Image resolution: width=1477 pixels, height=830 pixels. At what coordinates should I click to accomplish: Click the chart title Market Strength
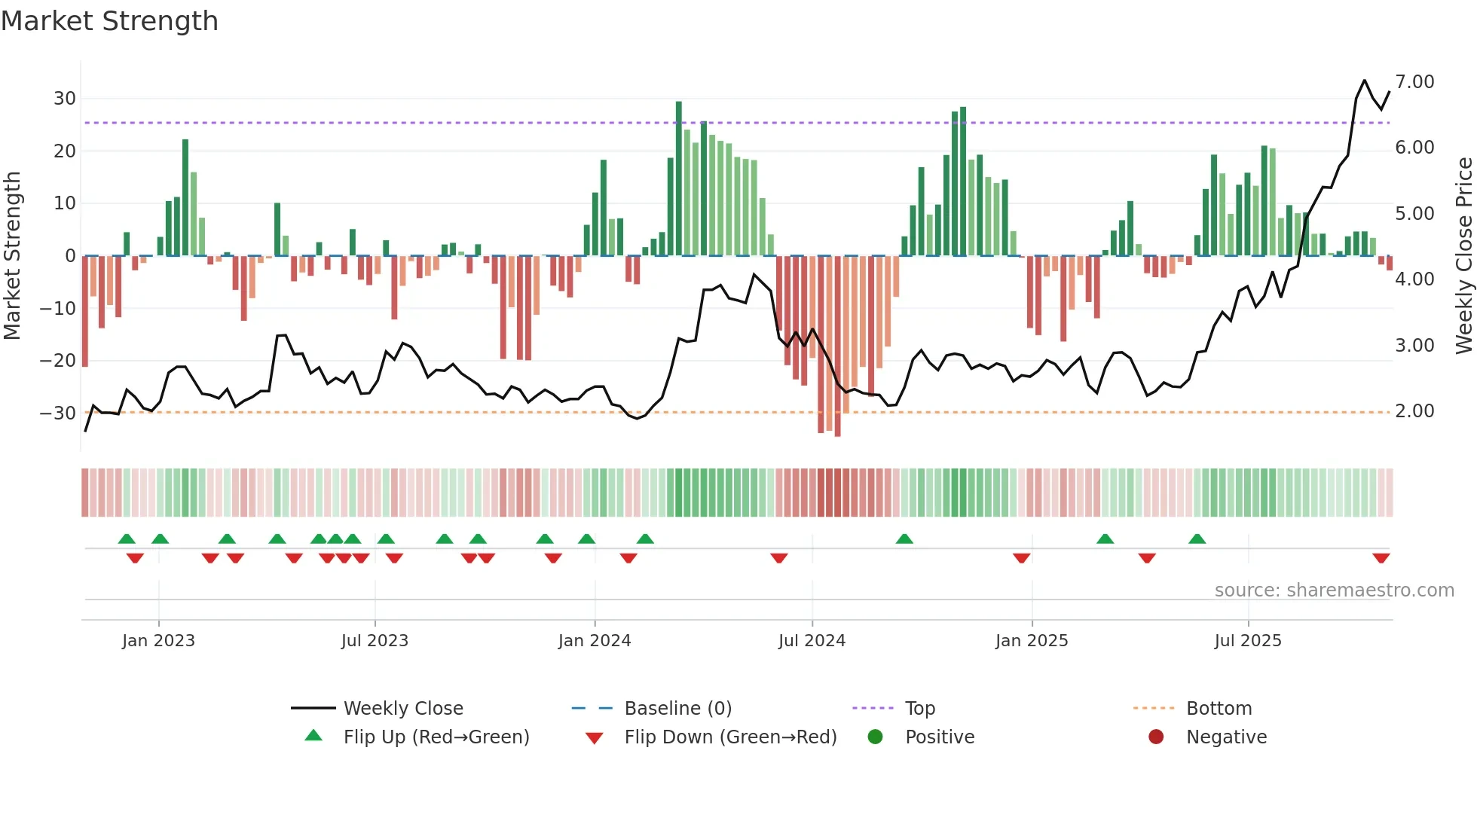pos(109,21)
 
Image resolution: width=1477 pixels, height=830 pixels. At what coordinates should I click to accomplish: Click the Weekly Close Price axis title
pos(1463,255)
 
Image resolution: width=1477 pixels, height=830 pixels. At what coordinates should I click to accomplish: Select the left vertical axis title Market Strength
pos(12,255)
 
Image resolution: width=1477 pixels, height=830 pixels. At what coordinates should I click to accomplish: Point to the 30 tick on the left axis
pos(64,99)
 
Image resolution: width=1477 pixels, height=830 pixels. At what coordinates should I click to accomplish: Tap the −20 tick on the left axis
pos(58,361)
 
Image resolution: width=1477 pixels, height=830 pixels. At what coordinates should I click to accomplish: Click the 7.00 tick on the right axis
pos(1414,82)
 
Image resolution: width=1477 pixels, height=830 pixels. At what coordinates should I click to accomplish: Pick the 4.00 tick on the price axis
pos(1414,279)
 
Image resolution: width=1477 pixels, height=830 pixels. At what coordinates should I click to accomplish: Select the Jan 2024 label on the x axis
pos(594,641)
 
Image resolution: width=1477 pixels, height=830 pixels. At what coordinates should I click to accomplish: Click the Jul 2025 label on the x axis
pos(1247,641)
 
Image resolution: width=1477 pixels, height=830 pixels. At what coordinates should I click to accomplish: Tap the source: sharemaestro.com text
pos(1334,590)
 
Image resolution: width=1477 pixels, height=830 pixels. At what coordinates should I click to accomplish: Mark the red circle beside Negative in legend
pos(1156,737)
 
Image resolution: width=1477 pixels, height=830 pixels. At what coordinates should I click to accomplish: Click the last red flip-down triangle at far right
pos(1381,558)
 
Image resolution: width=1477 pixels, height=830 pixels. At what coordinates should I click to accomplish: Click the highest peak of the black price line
pos(1364,81)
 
